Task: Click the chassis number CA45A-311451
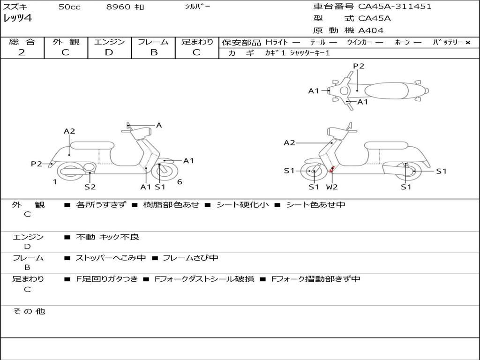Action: (x=395, y=7)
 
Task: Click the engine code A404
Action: (x=371, y=30)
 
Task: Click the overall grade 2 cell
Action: (x=22, y=52)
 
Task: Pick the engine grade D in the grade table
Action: (x=109, y=52)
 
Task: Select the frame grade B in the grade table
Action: (x=153, y=52)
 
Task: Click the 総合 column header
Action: (x=22, y=42)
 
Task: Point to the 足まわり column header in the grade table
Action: (x=197, y=42)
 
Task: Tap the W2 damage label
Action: (x=332, y=187)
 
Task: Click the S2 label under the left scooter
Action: (x=90, y=187)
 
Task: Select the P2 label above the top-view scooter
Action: (x=359, y=66)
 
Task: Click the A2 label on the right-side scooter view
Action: (x=289, y=143)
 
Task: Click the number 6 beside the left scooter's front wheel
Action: (x=180, y=182)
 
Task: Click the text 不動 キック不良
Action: (x=107, y=237)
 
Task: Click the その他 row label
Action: (x=29, y=311)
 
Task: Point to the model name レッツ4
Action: (x=17, y=19)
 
